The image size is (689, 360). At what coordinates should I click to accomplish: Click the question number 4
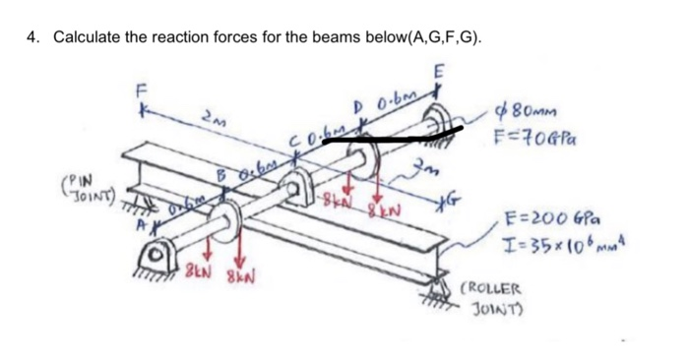[x=32, y=37]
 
